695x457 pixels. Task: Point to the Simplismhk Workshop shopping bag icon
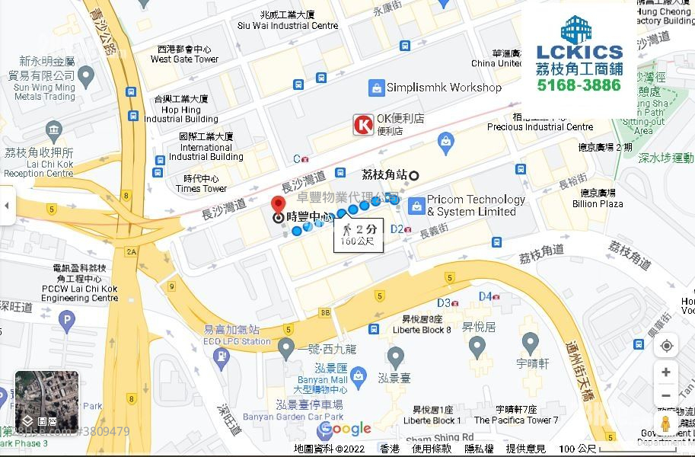[x=376, y=88]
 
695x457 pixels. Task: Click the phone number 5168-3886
[x=579, y=85]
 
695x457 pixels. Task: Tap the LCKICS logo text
[x=579, y=52]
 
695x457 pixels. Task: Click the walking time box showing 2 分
[x=359, y=234]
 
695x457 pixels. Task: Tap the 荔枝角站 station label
[x=384, y=174]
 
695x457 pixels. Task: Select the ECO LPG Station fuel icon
[x=222, y=356]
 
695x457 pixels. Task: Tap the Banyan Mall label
[x=323, y=380]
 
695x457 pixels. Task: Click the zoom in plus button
[x=666, y=372]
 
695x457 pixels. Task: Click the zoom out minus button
[x=666, y=395]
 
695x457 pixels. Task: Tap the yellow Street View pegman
[x=665, y=424]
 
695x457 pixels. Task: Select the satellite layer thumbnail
[x=36, y=399]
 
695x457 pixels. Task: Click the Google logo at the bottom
[x=344, y=430]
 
